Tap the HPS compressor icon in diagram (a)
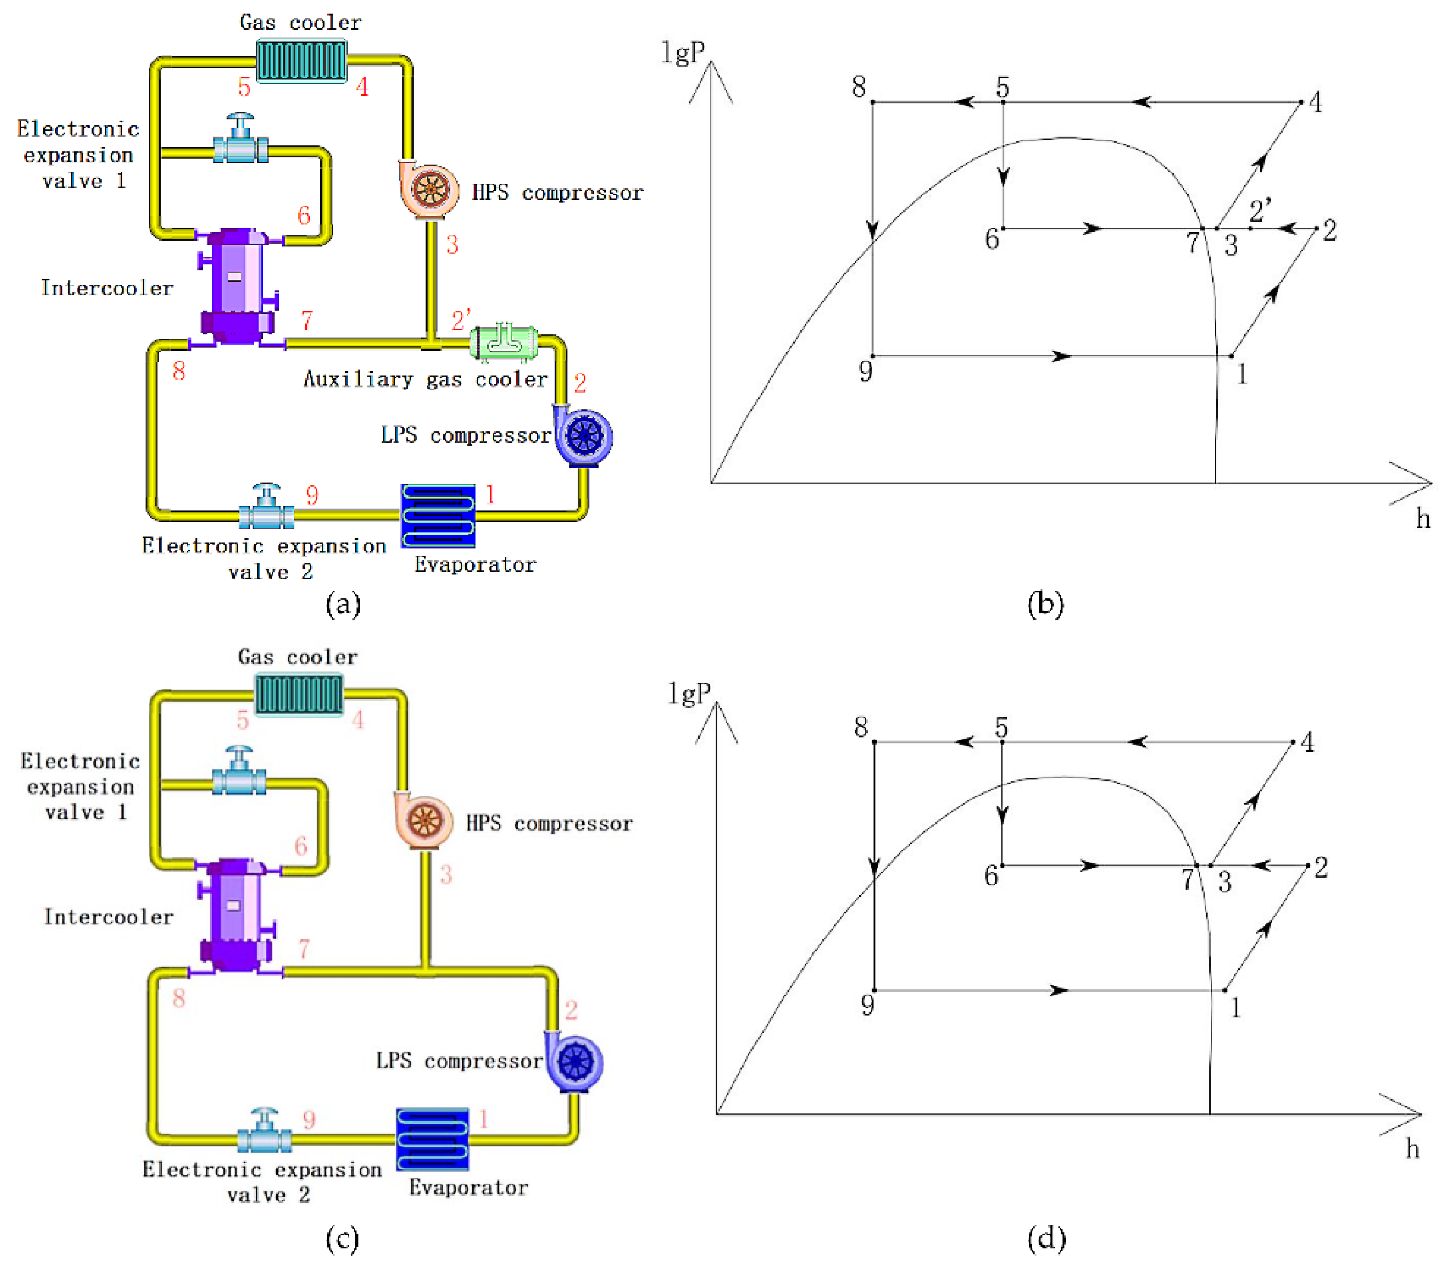[428, 190]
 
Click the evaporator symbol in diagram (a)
[438, 515]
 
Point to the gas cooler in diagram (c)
[298, 693]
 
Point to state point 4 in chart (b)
[1300, 103]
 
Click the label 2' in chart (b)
[1259, 210]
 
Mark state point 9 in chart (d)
[875, 990]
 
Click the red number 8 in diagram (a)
[179, 370]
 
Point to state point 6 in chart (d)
[1002, 865]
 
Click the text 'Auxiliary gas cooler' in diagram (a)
[425, 379]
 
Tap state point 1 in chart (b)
[1232, 356]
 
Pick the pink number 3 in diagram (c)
[446, 875]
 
